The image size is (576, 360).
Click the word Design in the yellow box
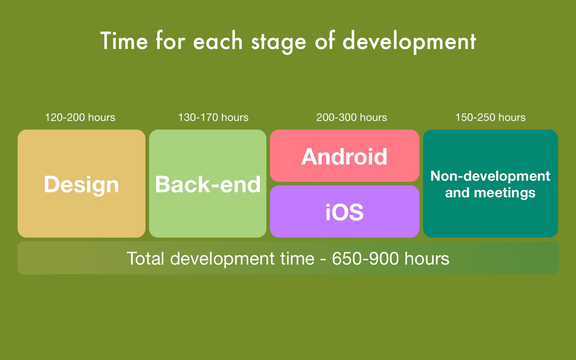tap(81, 184)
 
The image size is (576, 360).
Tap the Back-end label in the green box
tap(208, 184)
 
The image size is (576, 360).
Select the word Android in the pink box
tap(345, 157)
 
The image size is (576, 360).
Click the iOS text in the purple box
tap(345, 212)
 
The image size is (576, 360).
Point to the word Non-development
tap(490, 176)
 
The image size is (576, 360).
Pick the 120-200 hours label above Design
tap(80, 117)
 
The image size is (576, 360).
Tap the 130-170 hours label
tap(213, 117)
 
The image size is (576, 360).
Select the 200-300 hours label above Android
tap(351, 117)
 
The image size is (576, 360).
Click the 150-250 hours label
tap(490, 117)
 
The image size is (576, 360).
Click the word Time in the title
tap(124, 41)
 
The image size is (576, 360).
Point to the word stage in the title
tap(278, 42)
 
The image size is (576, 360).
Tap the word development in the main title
tap(409, 41)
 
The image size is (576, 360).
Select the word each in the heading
tap(218, 41)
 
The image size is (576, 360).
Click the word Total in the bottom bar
tap(145, 258)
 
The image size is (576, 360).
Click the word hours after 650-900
tap(427, 258)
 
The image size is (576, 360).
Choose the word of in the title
tap(325, 41)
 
